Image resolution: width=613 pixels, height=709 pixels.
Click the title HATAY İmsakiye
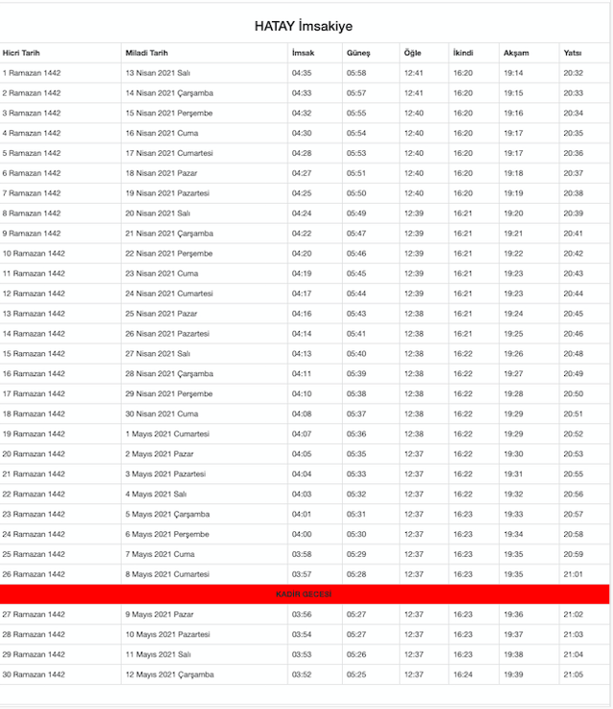pyautogui.click(x=303, y=27)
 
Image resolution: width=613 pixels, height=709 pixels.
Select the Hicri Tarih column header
pyautogui.click(x=21, y=53)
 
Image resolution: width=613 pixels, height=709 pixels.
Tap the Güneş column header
pyautogui.click(x=357, y=53)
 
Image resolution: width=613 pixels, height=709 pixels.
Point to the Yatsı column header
pyautogui.click(x=573, y=53)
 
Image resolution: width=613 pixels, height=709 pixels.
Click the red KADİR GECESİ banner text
pyautogui.click(x=304, y=594)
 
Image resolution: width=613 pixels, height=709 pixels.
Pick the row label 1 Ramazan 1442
pyautogui.click(x=32, y=73)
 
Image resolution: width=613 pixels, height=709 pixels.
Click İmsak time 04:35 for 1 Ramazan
pyautogui.click(x=302, y=73)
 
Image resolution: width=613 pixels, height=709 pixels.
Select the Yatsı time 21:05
pyautogui.click(x=574, y=675)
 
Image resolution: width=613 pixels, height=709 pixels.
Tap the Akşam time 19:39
pyautogui.click(x=513, y=675)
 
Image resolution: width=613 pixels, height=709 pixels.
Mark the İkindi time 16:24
pyautogui.click(x=463, y=675)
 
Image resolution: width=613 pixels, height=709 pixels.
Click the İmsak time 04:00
pyautogui.click(x=302, y=534)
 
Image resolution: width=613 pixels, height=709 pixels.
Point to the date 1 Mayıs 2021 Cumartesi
pyautogui.click(x=169, y=433)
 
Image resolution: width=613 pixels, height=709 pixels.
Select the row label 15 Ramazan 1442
pyautogui.click(x=34, y=353)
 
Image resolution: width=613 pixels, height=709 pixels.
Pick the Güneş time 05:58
pyautogui.click(x=356, y=73)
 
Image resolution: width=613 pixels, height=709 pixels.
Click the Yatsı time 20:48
pyautogui.click(x=574, y=353)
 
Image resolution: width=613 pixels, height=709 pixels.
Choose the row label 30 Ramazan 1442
pyautogui.click(x=34, y=675)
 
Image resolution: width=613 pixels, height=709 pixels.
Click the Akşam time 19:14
pyautogui.click(x=513, y=73)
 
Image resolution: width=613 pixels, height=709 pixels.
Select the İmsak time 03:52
pyautogui.click(x=302, y=675)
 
